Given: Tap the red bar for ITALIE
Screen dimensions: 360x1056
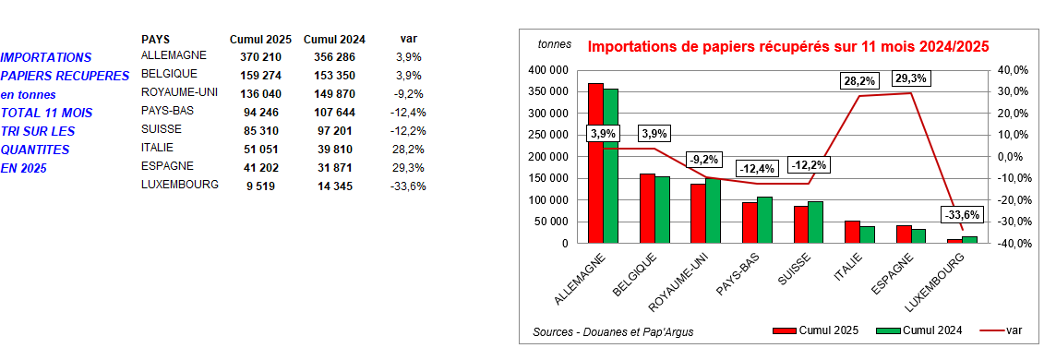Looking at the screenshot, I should coord(853,232).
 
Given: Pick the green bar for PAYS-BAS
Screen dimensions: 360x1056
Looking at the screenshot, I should coord(763,220).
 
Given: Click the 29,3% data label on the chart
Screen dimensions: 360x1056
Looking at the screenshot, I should coord(911,78).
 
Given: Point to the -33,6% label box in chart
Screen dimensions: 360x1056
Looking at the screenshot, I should coord(962,215).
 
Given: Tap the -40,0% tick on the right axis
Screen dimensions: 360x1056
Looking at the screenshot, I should coord(1013,244).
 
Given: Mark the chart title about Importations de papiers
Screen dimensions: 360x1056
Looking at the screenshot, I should coord(788,45).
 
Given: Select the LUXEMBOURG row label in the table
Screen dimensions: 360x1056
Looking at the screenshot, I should coord(179,184).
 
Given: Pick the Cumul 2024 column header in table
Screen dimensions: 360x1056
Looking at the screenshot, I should coord(334,39).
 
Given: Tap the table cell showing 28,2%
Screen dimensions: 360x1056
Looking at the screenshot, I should coord(409,148).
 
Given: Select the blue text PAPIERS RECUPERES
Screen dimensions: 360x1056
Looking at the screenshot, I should coord(65,76).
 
